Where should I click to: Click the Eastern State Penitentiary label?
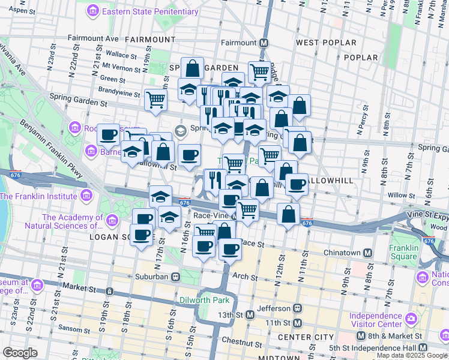coord(150,11)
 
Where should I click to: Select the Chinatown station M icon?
coord(366,253)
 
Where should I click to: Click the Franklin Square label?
coord(403,252)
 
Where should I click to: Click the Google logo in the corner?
coord(20,353)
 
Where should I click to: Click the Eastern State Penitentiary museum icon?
coord(92,11)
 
